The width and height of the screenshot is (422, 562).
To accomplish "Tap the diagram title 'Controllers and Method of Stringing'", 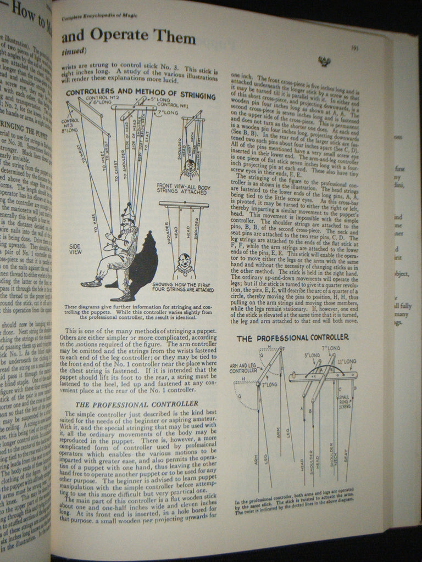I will pyautogui.click(x=141, y=93).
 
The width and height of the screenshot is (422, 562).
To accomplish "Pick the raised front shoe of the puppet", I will pyautogui.click(x=91, y=283).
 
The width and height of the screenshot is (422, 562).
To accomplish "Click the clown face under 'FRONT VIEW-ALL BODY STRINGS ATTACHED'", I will pyautogui.click(x=190, y=165).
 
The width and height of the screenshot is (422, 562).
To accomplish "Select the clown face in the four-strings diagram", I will pyautogui.click(x=184, y=262).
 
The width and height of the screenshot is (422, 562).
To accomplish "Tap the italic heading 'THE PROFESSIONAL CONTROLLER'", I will pyautogui.click(x=136, y=403).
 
